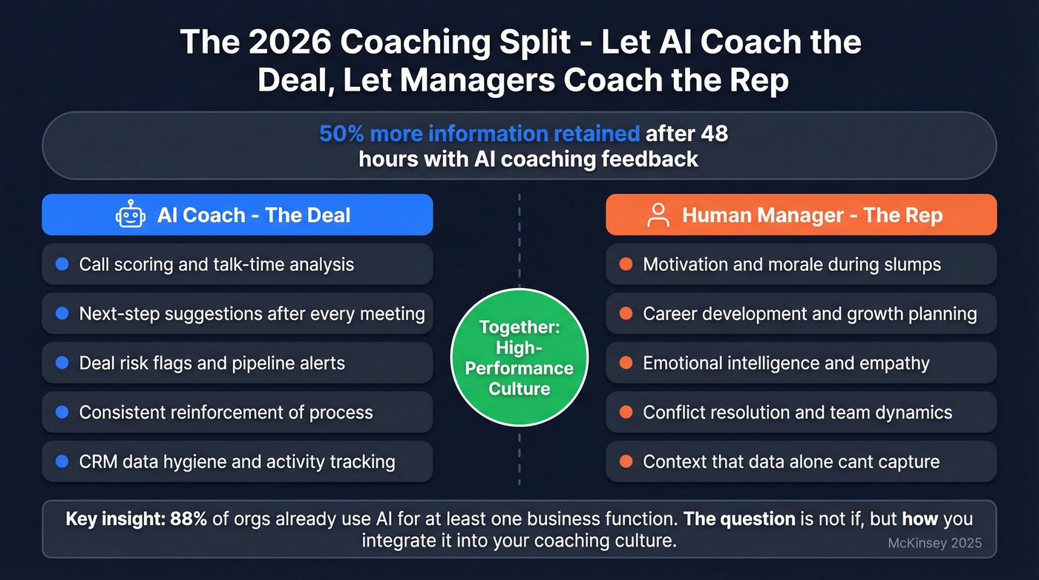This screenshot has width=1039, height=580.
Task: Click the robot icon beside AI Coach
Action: pyautogui.click(x=130, y=215)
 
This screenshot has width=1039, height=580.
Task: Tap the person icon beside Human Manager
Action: pyautogui.click(x=658, y=215)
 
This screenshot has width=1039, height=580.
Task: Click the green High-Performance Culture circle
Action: pyautogui.click(x=519, y=358)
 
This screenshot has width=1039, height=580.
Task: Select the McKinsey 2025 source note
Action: pyautogui.click(x=934, y=543)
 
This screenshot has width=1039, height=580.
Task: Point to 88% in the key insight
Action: pyautogui.click(x=189, y=519)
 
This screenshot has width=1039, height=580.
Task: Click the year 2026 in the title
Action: pyautogui.click(x=292, y=42)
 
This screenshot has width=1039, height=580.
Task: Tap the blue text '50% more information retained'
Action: pyautogui.click(x=479, y=134)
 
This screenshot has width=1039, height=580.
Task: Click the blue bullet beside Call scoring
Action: pyautogui.click(x=62, y=264)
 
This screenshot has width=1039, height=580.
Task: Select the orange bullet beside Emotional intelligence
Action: pyautogui.click(x=626, y=363)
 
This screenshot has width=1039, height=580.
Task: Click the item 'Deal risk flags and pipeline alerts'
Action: pyautogui.click(x=212, y=363)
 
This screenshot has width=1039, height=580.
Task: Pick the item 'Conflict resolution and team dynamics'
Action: pyautogui.click(x=797, y=412)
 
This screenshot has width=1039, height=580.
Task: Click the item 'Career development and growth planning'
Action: pyautogui.click(x=810, y=313)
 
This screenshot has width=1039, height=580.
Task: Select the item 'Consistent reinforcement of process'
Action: pyautogui.click(x=226, y=412)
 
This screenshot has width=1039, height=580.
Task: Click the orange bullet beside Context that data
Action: pyautogui.click(x=626, y=462)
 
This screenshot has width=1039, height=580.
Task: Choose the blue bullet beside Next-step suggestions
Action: pyautogui.click(x=62, y=313)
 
